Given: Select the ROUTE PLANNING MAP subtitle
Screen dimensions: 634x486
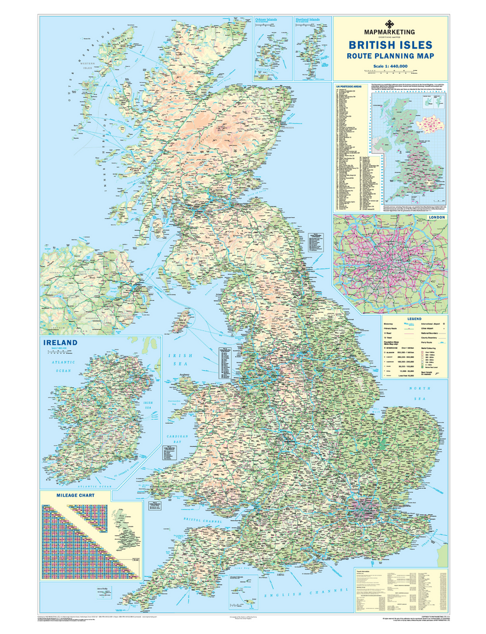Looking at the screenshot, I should click(390, 57).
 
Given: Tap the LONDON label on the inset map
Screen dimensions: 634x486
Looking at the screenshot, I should click(438, 217).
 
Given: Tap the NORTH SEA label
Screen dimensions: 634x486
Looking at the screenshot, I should click(420, 393).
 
